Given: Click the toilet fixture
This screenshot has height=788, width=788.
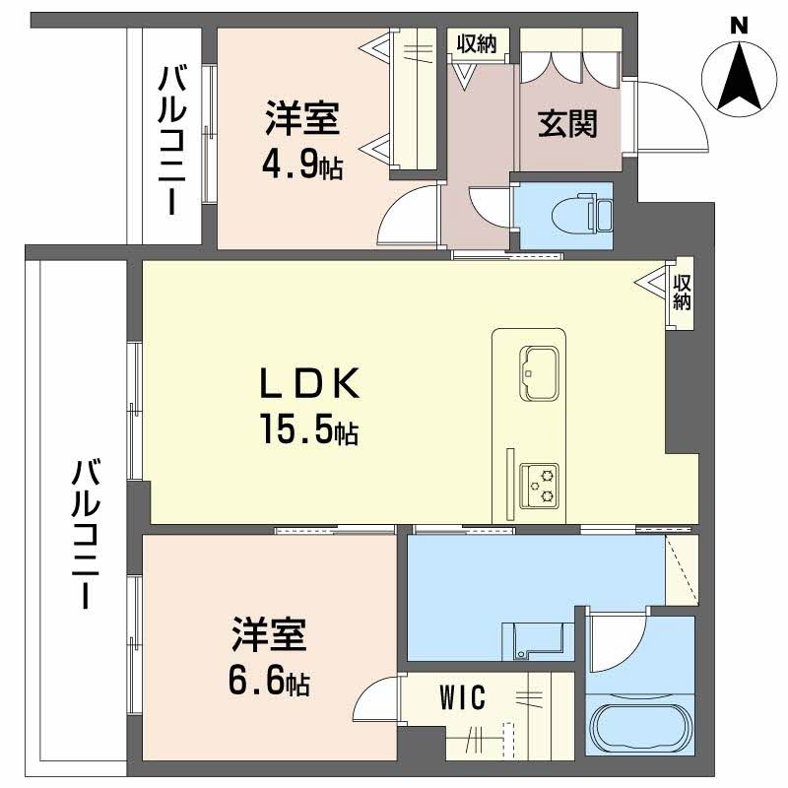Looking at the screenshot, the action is coord(582,214).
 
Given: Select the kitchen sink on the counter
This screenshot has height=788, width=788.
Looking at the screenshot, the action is coord(539,373).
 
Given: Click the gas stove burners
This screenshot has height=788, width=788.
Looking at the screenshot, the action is coord(540,486).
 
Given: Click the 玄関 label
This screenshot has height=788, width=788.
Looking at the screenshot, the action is coord(567,124).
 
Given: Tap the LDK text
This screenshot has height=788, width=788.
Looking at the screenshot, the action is coord(309,383).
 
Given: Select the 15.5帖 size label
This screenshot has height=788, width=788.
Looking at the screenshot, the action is coord(309,429).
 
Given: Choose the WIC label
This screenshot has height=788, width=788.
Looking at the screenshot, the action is coord(463,697).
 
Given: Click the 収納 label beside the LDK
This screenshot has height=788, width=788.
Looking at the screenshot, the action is coord(682,293).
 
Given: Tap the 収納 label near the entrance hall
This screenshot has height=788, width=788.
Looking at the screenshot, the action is coord(477,44).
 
